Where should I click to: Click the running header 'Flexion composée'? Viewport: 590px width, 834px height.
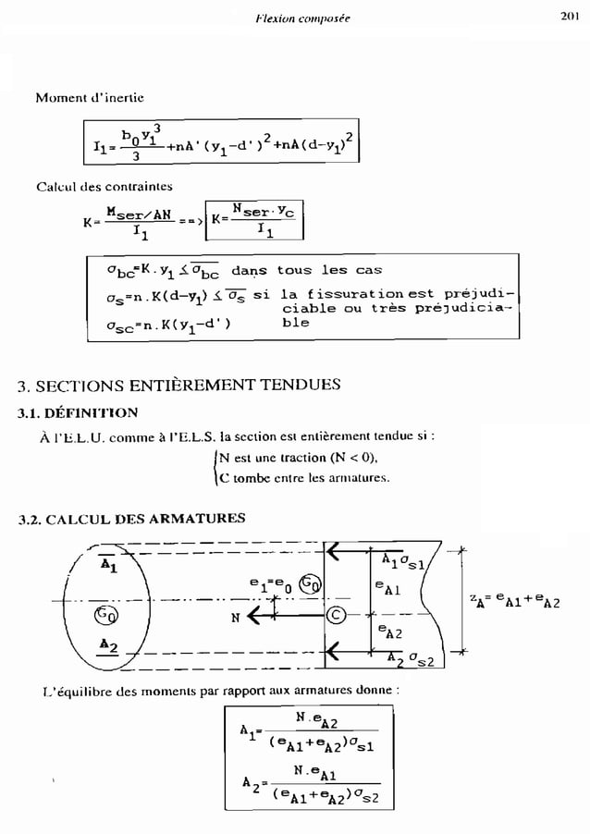tap(301, 17)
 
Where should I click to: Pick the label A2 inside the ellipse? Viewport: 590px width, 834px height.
tap(108, 644)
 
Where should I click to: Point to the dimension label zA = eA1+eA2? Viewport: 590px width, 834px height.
tap(524, 606)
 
